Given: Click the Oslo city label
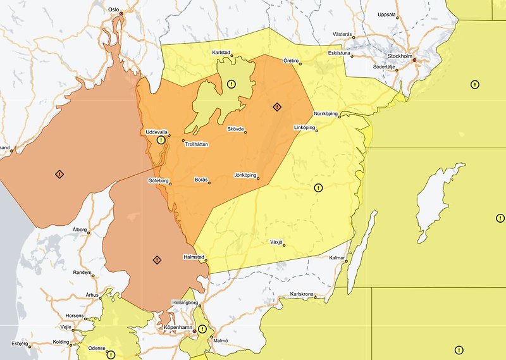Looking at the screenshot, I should (x=114, y=10).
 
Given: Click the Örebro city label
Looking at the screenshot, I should (x=291, y=60).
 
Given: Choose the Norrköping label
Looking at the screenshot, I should (x=326, y=114).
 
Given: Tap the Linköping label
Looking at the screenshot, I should (x=305, y=127).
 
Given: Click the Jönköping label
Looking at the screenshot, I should (x=246, y=175).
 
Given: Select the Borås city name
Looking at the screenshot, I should (x=201, y=180).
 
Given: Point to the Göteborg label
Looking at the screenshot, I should (x=158, y=181).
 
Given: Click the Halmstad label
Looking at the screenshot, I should (x=192, y=256).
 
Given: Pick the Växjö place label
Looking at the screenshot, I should (x=276, y=242).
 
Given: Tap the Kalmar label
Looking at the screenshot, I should (x=336, y=258).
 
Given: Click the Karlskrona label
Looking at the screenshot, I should (x=302, y=294).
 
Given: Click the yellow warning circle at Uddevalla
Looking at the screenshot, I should (x=161, y=140).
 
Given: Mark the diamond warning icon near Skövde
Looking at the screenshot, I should (x=276, y=107).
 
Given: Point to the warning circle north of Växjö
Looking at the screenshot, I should (x=318, y=187).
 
